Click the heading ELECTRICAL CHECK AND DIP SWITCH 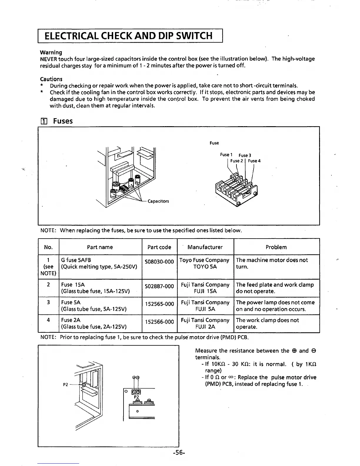tap(128, 36)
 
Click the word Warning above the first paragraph tap(51, 52)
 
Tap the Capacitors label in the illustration tap(158, 201)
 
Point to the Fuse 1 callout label tap(226, 155)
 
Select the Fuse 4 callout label tap(254, 161)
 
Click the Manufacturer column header tap(205, 247)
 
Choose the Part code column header tap(159, 247)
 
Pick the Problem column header tap(276, 247)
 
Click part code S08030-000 tap(159, 262)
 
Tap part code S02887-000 tap(159, 286)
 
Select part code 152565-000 tap(159, 304)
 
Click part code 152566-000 tap(159, 322)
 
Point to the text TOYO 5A tap(205, 267)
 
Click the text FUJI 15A tap(205, 291)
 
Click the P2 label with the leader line tap(66, 385)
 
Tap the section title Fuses tap(63, 121)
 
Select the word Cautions tap(51, 79)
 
